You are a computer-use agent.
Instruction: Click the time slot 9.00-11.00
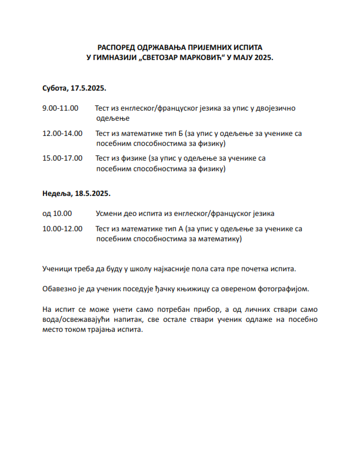(x=60, y=109)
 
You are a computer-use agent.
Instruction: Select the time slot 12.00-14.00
(x=62, y=134)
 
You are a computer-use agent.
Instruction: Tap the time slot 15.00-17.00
(x=62, y=158)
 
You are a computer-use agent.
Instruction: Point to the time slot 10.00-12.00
(x=62, y=229)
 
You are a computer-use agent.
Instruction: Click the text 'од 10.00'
(x=57, y=214)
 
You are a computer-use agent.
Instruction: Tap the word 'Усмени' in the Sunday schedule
(x=110, y=214)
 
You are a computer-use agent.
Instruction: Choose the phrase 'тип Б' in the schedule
(x=171, y=134)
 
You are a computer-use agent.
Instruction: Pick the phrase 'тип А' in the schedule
(x=171, y=229)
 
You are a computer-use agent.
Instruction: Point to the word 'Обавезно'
(x=60, y=289)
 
